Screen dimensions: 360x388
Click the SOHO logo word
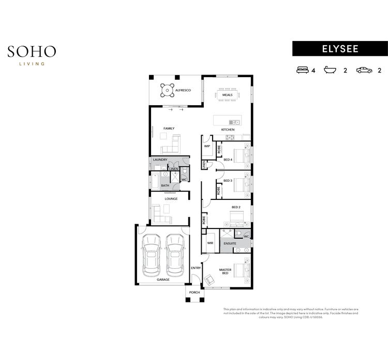click(x=32, y=52)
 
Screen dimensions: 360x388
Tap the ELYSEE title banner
click(x=339, y=48)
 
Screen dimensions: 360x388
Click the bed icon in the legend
click(x=302, y=70)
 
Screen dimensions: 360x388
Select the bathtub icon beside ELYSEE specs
click(x=330, y=70)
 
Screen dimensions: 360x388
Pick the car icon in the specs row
click(x=363, y=70)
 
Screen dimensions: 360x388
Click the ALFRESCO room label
click(x=183, y=91)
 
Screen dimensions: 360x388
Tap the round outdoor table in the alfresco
click(x=167, y=90)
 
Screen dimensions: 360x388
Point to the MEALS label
click(x=228, y=95)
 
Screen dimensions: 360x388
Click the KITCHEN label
click(x=228, y=129)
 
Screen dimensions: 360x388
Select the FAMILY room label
click(x=169, y=128)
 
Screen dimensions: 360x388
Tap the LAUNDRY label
click(x=160, y=160)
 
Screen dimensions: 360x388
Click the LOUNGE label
click(x=171, y=198)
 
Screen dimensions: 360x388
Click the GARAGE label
click(x=163, y=280)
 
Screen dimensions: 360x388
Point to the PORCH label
click(x=194, y=293)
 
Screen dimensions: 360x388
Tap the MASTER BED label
click(x=225, y=271)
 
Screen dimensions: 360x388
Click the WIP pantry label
click(x=207, y=146)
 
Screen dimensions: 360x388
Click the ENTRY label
click(x=196, y=268)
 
